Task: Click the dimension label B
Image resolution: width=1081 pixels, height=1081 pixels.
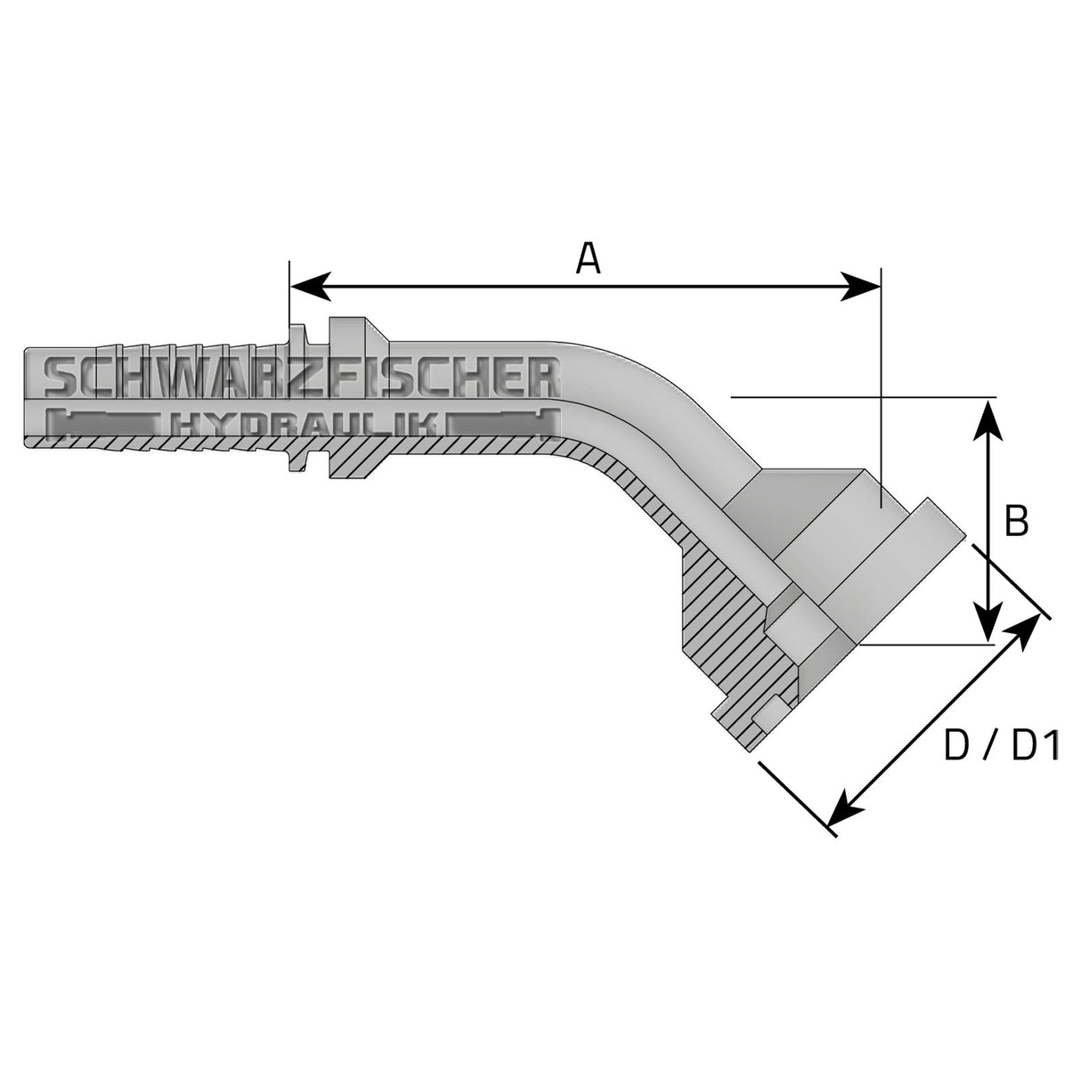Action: [1016, 522]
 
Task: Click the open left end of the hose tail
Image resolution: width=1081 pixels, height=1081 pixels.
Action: [28, 397]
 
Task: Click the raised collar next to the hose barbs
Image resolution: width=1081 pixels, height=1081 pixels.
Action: [347, 397]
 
